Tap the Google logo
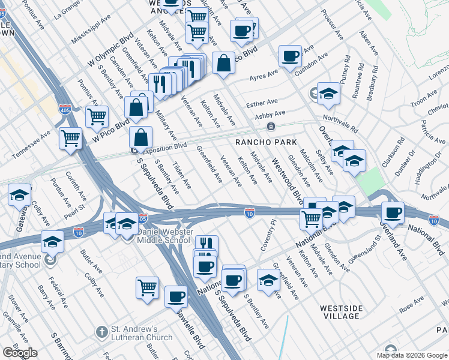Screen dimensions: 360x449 (x=19, y=353)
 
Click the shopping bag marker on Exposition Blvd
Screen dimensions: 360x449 (x=140, y=137)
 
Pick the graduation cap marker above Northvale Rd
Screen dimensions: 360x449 (x=328, y=93)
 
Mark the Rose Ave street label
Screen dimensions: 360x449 (x=412, y=307)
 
